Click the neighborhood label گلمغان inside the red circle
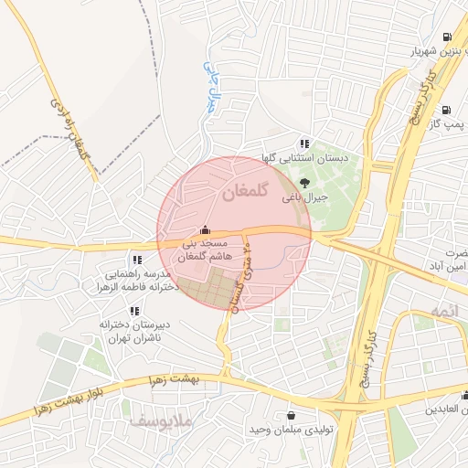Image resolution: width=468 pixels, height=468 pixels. tap(242, 193)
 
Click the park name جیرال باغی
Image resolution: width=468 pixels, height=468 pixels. tap(298, 197)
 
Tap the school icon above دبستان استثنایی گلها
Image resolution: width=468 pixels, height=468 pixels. tap(304, 144)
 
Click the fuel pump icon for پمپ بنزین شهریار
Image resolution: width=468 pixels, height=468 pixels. tap(446, 37)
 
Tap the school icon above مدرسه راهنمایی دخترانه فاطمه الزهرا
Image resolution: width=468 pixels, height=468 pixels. tap(137, 260)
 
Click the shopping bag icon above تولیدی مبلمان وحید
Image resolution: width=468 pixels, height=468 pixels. tap(291, 415)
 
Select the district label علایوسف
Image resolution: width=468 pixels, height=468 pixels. tap(152, 423)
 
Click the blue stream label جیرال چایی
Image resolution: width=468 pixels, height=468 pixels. tap(212, 88)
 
